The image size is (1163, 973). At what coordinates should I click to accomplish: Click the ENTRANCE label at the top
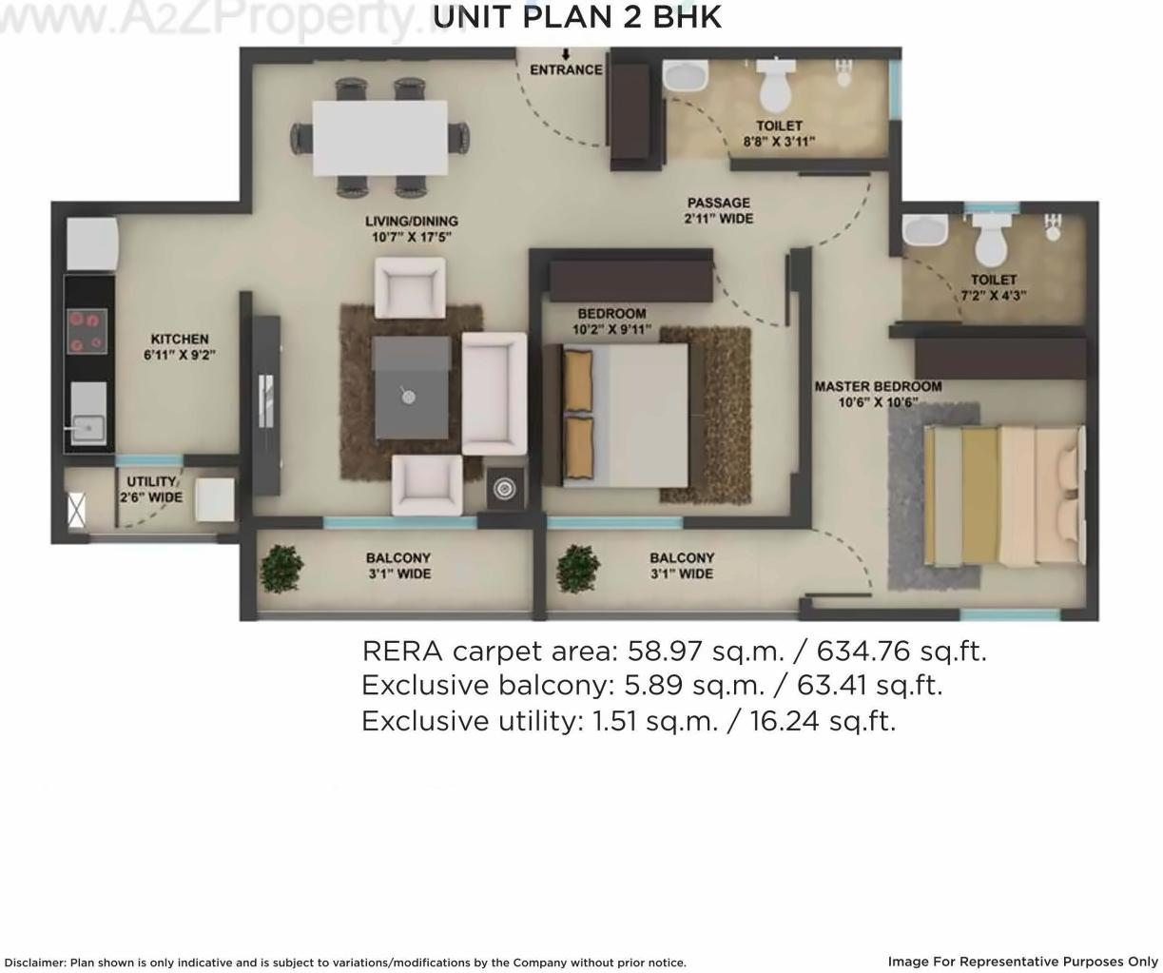coord(566,69)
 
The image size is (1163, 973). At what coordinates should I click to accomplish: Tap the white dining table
coord(380,137)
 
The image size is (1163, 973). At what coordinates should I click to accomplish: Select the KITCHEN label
coord(180,339)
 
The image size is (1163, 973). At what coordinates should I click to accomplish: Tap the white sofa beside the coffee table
coord(494,393)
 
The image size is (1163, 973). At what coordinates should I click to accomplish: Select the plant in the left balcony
coord(281,568)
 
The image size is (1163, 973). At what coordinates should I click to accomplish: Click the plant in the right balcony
coord(578,568)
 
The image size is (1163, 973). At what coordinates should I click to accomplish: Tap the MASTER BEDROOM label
coord(878,386)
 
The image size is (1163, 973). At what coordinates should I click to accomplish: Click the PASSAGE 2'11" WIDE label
coord(719,210)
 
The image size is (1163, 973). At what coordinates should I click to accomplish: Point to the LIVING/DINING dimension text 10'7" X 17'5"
coord(412,237)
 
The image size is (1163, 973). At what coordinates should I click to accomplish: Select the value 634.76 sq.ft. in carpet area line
coord(901,651)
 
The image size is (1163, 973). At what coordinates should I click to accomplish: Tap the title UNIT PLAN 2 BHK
coord(577,17)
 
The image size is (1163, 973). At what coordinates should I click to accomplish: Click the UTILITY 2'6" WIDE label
coord(151,489)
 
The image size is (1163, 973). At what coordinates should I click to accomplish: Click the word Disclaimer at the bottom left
coord(34,963)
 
